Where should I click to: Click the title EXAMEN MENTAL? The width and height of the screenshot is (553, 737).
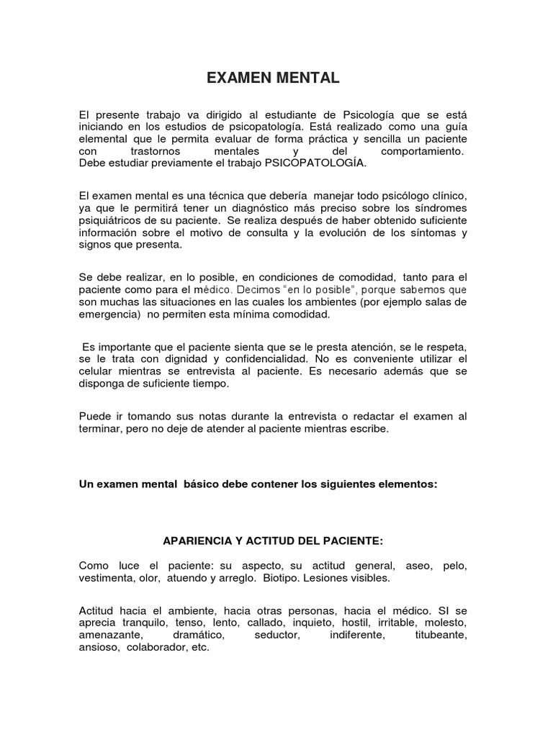point(273,78)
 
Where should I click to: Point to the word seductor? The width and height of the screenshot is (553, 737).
point(282,636)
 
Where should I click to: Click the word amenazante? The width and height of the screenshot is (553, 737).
point(111,636)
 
